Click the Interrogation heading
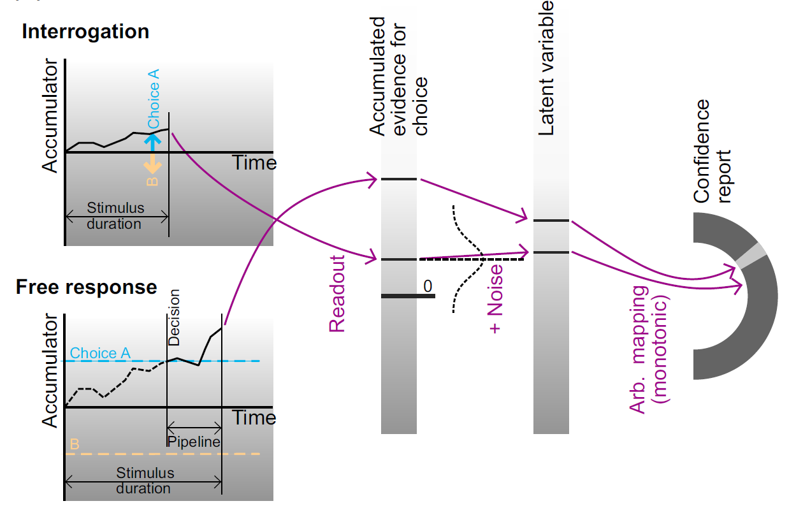click(x=85, y=32)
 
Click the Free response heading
click(x=86, y=287)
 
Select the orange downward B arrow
click(x=152, y=164)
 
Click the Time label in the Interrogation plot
click(x=254, y=163)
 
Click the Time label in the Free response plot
click(x=254, y=418)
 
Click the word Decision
click(x=174, y=317)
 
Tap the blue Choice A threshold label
click(x=101, y=353)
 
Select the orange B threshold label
click(x=74, y=445)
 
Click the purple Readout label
click(x=336, y=294)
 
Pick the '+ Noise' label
click(x=495, y=299)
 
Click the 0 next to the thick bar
click(x=428, y=287)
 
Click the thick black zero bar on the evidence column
click(x=408, y=296)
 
